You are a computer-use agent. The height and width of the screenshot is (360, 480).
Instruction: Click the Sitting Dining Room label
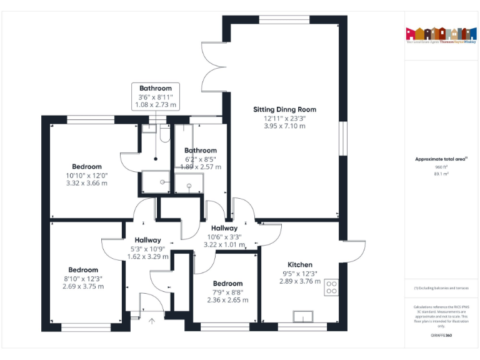click(x=284, y=109)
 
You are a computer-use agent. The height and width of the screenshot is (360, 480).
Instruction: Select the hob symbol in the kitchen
click(x=332, y=286)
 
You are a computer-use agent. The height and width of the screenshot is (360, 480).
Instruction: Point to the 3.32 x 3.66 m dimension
click(x=86, y=183)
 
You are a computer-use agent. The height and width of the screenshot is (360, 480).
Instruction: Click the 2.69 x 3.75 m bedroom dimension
click(x=83, y=286)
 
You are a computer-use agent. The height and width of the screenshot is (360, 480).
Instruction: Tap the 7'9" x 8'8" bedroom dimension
click(x=227, y=292)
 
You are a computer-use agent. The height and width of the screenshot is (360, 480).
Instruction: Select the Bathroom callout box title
click(x=156, y=88)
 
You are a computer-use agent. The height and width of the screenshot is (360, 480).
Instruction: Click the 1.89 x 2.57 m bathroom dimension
click(x=201, y=167)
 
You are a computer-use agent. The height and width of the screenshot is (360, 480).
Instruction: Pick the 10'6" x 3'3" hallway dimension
click(x=224, y=237)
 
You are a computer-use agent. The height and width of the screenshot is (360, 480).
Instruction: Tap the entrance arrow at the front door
click(x=152, y=321)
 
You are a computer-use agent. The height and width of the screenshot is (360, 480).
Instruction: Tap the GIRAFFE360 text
click(x=442, y=336)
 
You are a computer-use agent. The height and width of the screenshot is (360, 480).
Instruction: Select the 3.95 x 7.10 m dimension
click(x=284, y=126)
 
